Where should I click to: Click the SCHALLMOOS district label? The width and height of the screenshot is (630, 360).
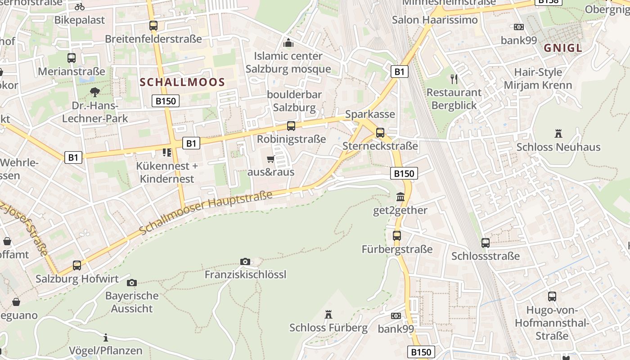[x=182, y=82]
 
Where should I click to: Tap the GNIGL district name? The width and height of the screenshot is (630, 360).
[x=562, y=48]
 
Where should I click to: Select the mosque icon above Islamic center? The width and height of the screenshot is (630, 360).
[x=288, y=43]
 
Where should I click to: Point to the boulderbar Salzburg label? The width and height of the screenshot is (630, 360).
[x=294, y=101]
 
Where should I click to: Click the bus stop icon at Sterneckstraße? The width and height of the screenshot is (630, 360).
[x=380, y=133]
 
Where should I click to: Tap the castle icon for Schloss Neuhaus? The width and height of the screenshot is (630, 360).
[x=558, y=134]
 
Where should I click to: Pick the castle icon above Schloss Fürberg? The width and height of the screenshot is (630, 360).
[x=328, y=314]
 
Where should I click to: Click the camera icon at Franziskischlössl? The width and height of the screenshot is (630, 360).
[x=245, y=261]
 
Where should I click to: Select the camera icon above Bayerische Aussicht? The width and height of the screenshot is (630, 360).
[x=132, y=283]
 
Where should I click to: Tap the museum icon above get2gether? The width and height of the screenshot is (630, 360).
[x=400, y=197]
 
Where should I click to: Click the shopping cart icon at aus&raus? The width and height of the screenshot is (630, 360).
[x=270, y=159]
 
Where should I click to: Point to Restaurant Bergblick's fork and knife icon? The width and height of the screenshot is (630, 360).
[x=454, y=79]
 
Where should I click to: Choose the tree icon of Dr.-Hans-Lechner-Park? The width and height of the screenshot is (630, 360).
[x=94, y=92]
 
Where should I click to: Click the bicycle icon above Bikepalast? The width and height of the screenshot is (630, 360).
[x=80, y=7]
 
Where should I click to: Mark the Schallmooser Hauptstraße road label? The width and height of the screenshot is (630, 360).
[x=206, y=213]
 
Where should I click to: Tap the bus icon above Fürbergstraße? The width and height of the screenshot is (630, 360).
[x=396, y=236]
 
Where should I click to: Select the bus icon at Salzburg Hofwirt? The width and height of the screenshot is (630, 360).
[x=77, y=265]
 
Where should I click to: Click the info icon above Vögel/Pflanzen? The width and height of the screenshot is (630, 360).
[x=106, y=337]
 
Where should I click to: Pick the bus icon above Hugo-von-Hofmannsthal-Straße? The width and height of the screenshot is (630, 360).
[x=552, y=297]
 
